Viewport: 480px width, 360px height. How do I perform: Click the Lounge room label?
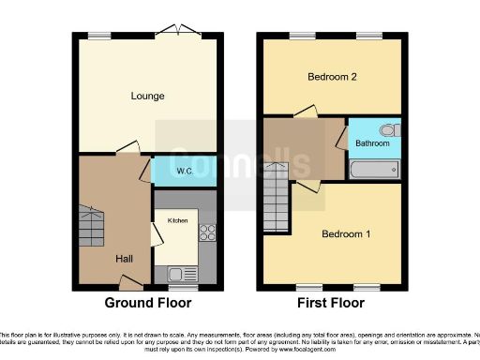coord(148,96)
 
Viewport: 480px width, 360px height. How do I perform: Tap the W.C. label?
coord(185,172)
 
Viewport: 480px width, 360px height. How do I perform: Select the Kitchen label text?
coord(177,220)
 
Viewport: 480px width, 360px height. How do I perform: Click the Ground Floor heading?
coord(148,303)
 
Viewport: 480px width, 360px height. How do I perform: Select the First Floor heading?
coord(332,303)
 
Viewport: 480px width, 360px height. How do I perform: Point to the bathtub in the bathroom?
coord(374,171)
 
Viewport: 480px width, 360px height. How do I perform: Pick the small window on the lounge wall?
coord(98,36)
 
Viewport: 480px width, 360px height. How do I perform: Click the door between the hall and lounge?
coord(127,148)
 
